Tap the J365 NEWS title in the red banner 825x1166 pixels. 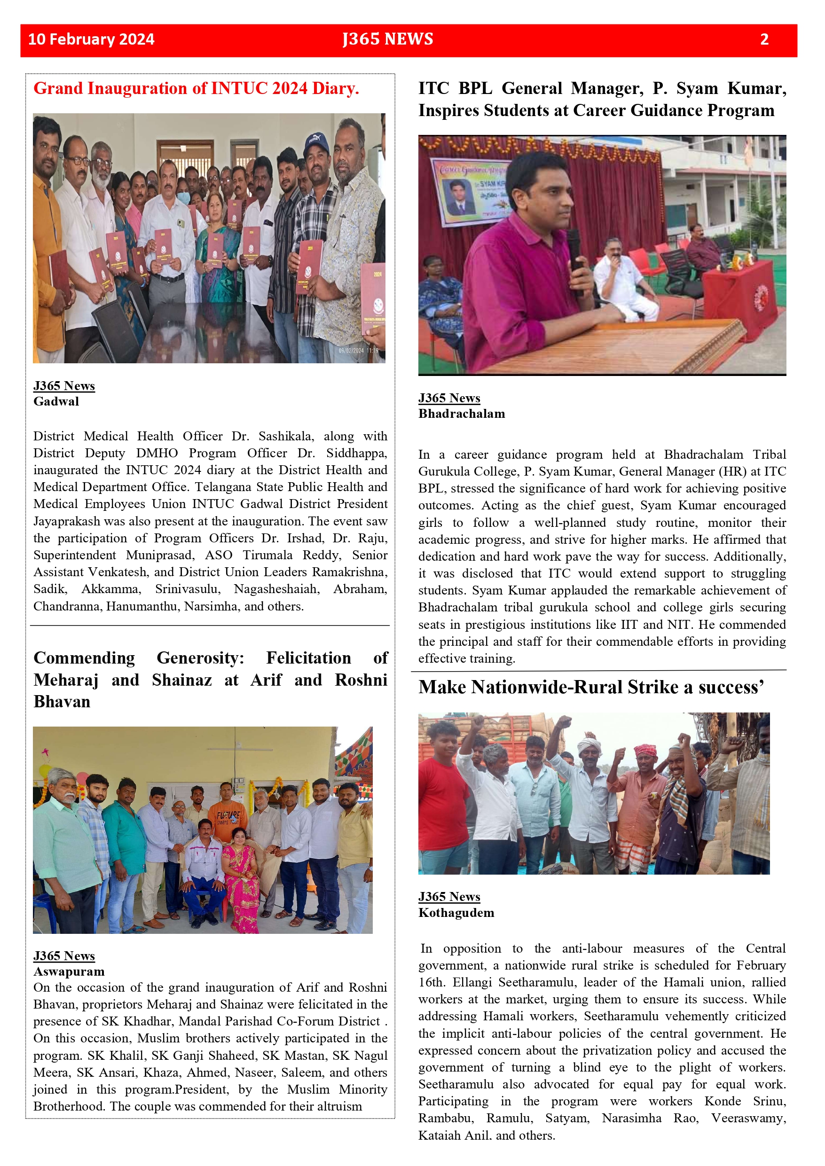(x=388, y=39)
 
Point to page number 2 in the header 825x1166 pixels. (x=764, y=39)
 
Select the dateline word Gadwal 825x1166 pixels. (x=56, y=401)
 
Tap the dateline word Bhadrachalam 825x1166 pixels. (x=461, y=414)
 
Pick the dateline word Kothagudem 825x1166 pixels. (x=456, y=913)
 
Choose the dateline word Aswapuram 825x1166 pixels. (x=69, y=971)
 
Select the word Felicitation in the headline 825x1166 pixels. (x=308, y=657)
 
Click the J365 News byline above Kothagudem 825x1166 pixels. (x=449, y=897)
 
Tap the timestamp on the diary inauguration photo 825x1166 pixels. (x=358, y=351)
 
